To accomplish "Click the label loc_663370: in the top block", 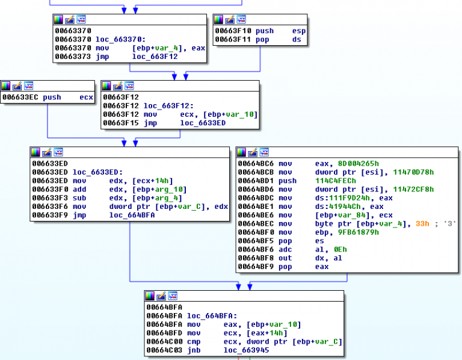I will [118, 39].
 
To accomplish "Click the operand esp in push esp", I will [298, 31].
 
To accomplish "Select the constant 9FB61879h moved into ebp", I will [339, 232].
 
